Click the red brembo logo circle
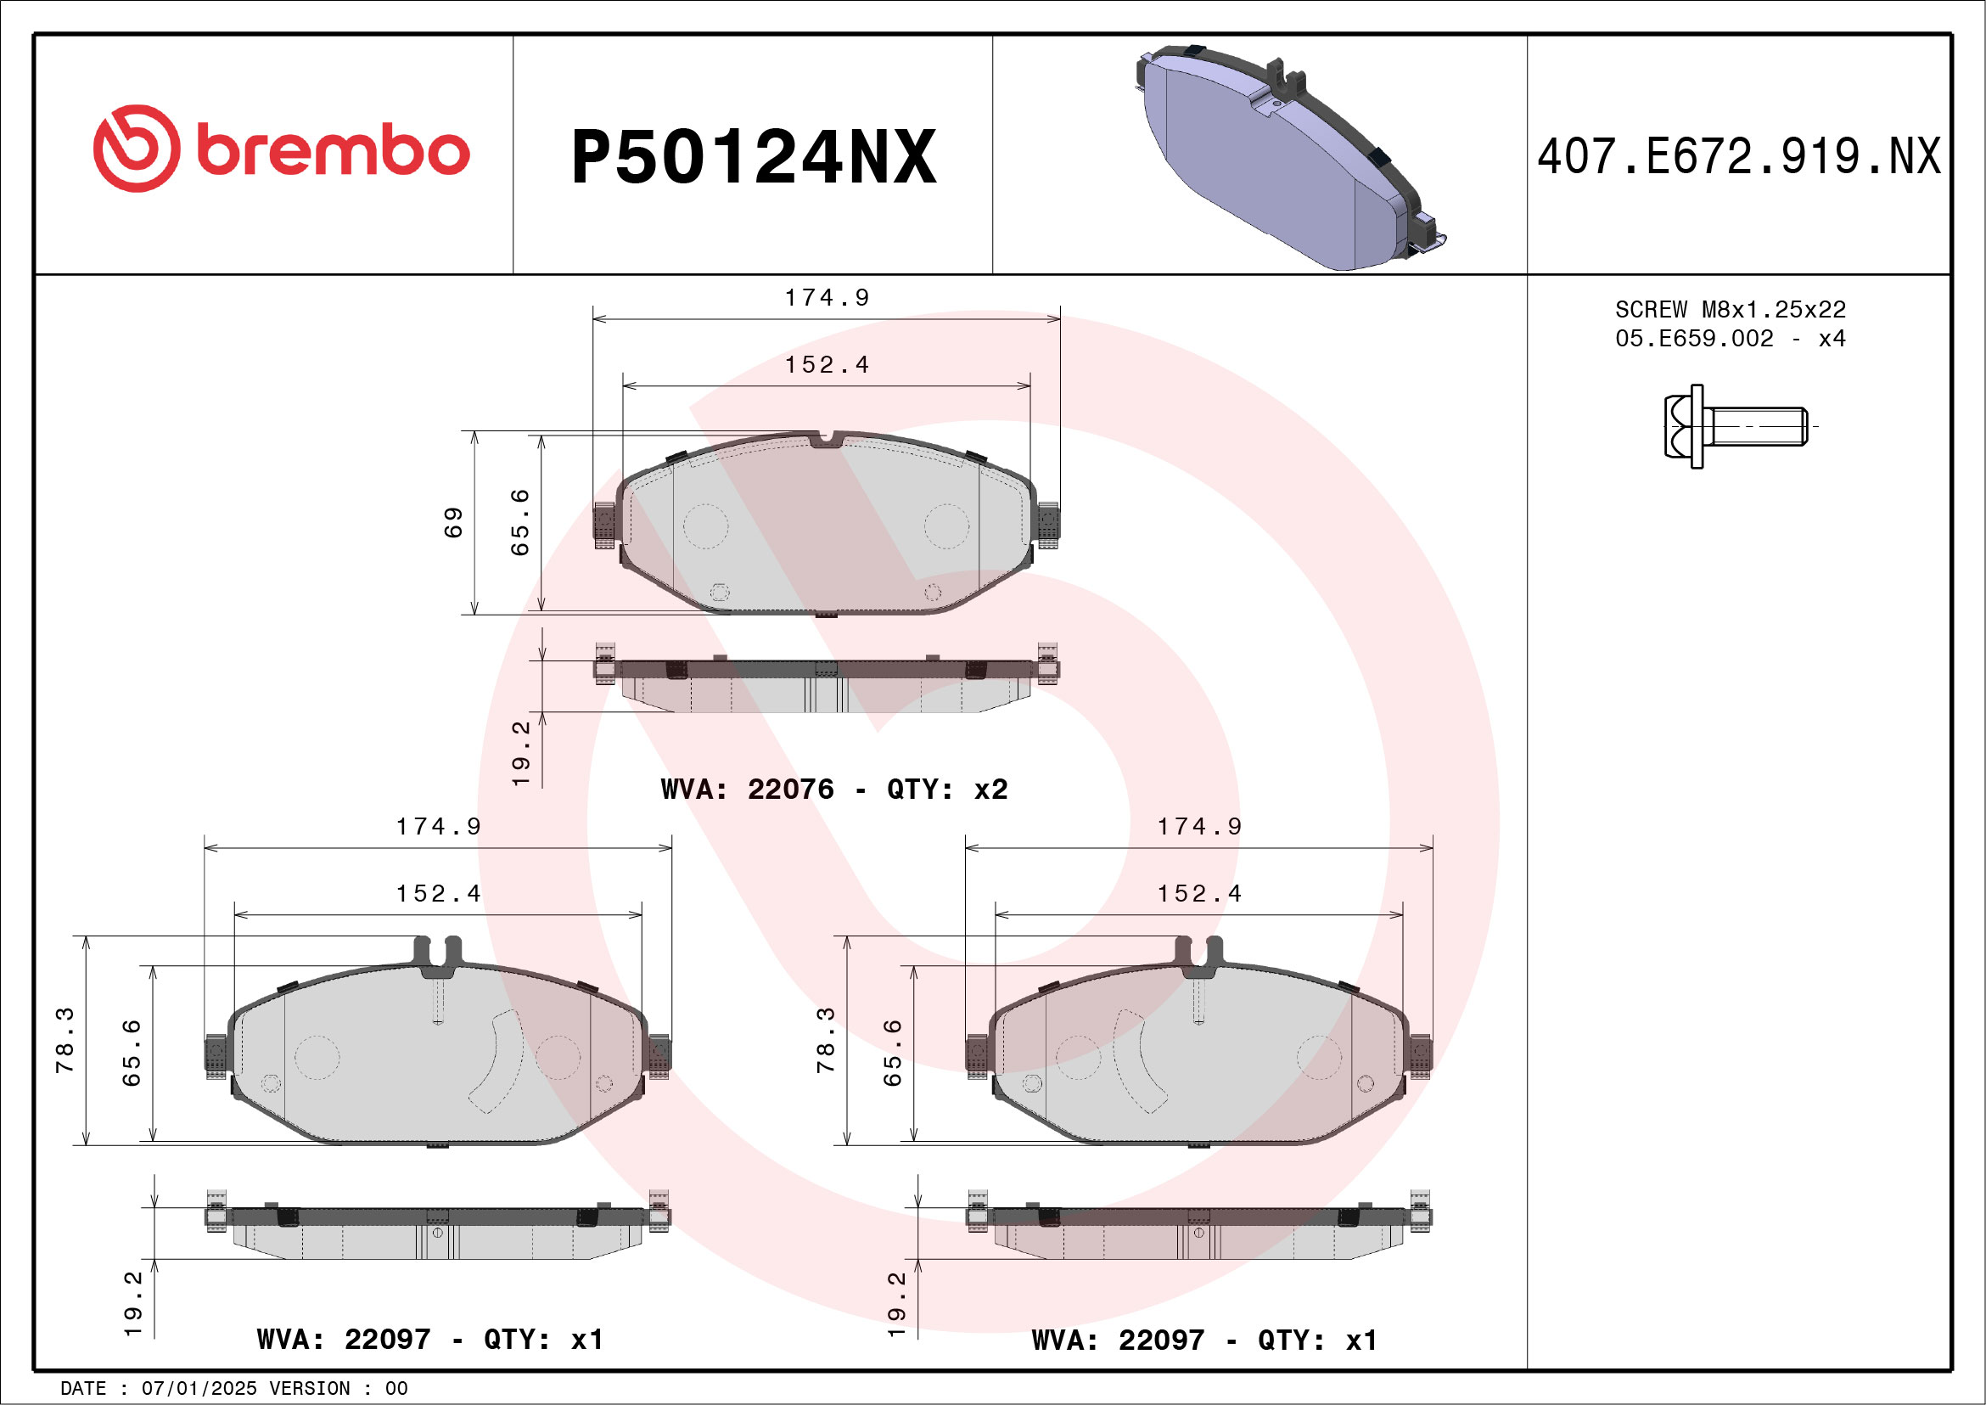click(x=137, y=149)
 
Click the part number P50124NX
click(x=753, y=157)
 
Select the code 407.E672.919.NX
click(x=1739, y=157)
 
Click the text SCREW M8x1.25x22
click(x=1730, y=310)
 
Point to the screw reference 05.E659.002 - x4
click(x=1730, y=338)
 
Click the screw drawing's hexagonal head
click(x=1683, y=426)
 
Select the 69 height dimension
click(x=453, y=523)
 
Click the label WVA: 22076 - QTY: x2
click(x=833, y=789)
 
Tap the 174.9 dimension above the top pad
click(x=826, y=298)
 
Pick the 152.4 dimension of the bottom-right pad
click(x=1199, y=894)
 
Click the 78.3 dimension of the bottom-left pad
click(x=65, y=1040)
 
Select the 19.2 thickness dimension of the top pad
click(x=521, y=753)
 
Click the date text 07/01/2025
click(x=199, y=1389)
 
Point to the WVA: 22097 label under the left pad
click(x=344, y=1340)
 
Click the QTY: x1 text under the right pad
click(x=1316, y=1340)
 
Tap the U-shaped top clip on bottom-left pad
click(x=438, y=952)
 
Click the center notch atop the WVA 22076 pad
click(x=826, y=440)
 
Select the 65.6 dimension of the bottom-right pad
click(x=892, y=1053)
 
